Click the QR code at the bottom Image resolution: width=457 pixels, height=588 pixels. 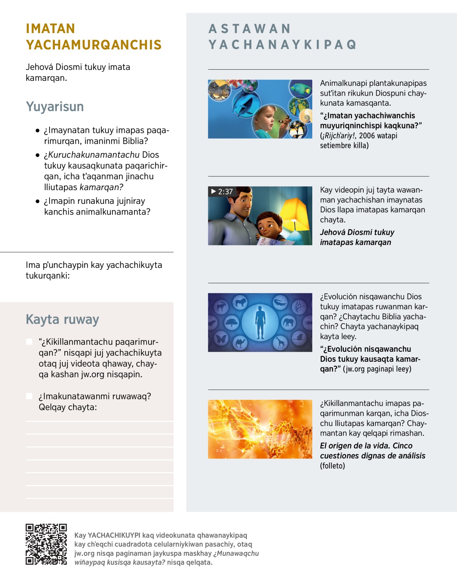tap(46, 544)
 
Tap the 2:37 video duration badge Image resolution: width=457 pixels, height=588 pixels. tap(222, 192)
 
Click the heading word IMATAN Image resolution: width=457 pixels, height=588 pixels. tap(50, 29)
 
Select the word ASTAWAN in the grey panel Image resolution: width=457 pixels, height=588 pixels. tap(250, 29)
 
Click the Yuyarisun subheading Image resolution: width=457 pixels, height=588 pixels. tap(55, 107)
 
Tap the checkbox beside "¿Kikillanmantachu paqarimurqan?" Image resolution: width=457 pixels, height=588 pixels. tap(29, 341)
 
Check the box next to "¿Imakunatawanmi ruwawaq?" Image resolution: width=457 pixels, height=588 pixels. tap(29, 396)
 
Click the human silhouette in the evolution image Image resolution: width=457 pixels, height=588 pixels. tap(260, 322)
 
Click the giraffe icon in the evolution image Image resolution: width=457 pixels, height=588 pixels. tap(281, 342)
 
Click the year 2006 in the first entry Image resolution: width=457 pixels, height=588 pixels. tap(367, 136)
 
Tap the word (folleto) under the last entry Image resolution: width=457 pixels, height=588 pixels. tap(332, 466)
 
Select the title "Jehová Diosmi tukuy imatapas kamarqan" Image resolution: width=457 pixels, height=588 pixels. tap(357, 237)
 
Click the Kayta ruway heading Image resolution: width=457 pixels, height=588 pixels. tap(62, 319)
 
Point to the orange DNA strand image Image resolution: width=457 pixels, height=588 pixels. tap(260, 429)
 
